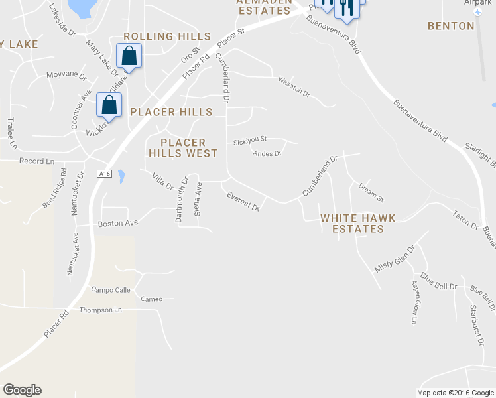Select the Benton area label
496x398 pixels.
click(451, 26)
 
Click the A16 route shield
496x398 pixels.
click(103, 174)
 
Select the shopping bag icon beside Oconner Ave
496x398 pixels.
click(109, 105)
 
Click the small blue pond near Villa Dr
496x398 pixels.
click(121, 176)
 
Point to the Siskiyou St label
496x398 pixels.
click(250, 140)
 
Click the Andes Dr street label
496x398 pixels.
click(268, 153)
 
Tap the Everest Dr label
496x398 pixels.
click(243, 200)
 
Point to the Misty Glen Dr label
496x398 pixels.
click(395, 259)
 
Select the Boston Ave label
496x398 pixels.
click(117, 224)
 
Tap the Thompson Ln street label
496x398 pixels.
click(101, 310)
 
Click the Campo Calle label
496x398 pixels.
click(111, 290)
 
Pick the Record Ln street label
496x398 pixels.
click(36, 161)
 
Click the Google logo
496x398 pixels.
click(22, 390)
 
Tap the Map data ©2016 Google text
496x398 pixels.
click(455, 393)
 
